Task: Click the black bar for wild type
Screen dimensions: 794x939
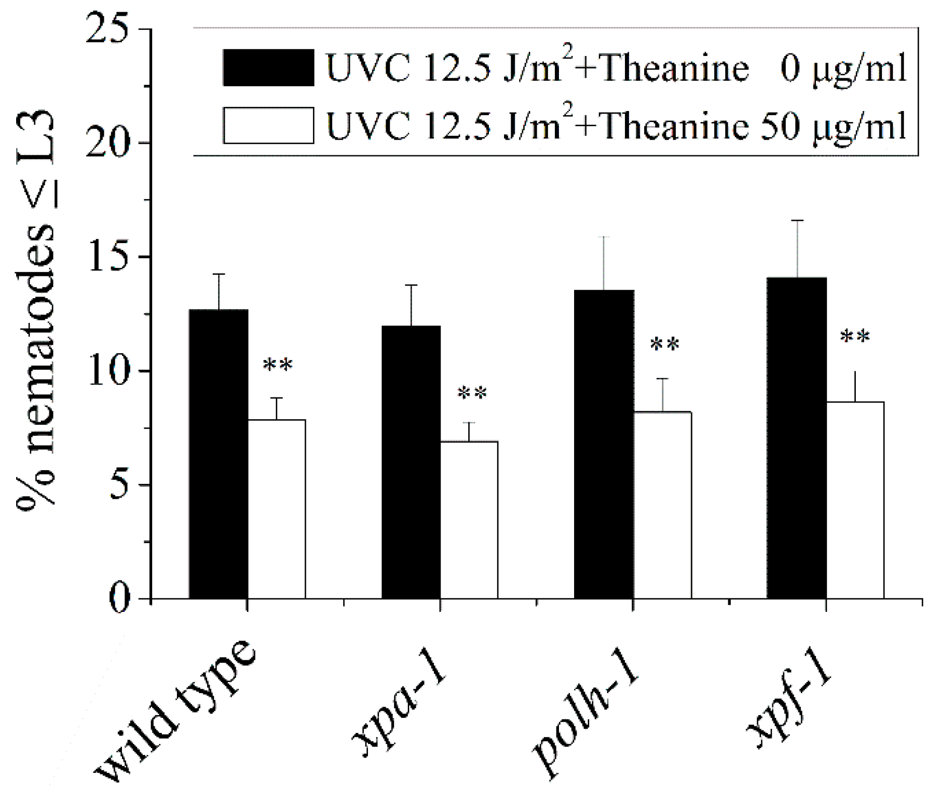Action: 218,454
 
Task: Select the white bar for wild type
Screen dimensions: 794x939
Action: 277,509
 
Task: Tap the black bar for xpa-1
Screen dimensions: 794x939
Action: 411,462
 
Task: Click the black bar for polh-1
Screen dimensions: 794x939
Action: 604,444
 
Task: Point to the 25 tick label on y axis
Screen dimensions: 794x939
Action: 111,29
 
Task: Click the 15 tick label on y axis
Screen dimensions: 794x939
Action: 111,257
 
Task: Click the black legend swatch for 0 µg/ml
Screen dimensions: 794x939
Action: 269,68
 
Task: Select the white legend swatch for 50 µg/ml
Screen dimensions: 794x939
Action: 269,126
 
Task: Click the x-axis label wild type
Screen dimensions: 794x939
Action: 174,711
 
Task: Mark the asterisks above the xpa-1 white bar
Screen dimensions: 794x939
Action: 472,393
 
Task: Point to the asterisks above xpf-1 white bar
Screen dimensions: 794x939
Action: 855,336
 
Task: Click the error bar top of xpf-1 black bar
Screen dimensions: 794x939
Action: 797,220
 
